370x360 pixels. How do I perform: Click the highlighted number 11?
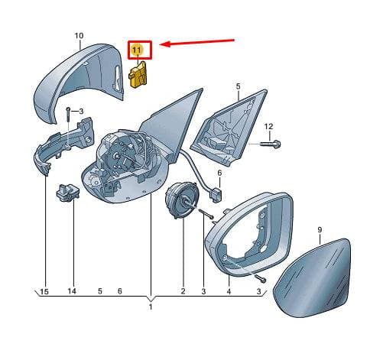click(x=137, y=50)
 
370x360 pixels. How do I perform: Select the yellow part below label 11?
click(x=139, y=74)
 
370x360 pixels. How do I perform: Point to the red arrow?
click(x=197, y=43)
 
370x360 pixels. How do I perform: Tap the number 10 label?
click(x=79, y=36)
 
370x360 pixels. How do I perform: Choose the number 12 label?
click(x=268, y=127)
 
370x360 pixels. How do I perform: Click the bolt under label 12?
click(x=271, y=144)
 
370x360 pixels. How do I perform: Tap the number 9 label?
click(x=320, y=230)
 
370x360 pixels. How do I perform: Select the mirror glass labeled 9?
click(x=312, y=277)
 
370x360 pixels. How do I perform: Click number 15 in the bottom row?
click(x=44, y=291)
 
